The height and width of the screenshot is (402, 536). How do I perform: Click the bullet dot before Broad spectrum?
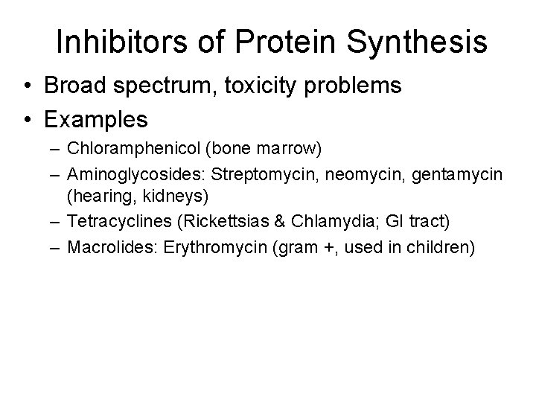coord(28,86)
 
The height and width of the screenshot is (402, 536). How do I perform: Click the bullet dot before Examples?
coord(28,118)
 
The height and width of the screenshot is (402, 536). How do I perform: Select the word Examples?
coord(96,118)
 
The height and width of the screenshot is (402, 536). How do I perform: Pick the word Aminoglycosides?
coord(135,175)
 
